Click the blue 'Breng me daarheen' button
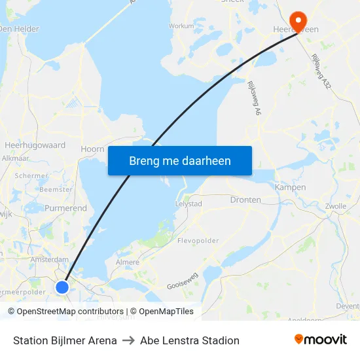pos(180,160)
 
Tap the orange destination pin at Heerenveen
pos(298,22)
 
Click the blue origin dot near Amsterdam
pos(62,287)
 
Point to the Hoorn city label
pos(92,149)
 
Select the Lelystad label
pos(189,204)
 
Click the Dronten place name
pos(245,200)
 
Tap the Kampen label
pos(290,187)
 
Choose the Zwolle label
pos(335,206)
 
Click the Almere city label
pos(127,262)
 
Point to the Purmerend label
pos(65,208)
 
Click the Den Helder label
pos(19,29)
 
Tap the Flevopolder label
pos(198,241)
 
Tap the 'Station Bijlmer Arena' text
pos(65,340)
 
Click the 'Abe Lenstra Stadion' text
pos(190,340)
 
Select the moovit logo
pos(320,339)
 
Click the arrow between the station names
pos(128,340)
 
